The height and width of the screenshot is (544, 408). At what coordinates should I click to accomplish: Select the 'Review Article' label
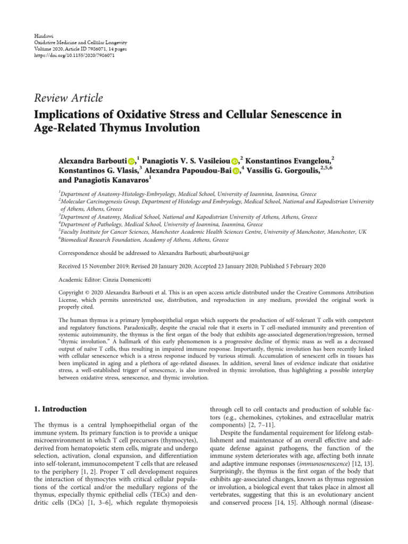pyautogui.click(x=69, y=98)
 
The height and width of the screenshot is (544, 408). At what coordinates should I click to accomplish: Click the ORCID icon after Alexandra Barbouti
pyautogui.click(x=131, y=160)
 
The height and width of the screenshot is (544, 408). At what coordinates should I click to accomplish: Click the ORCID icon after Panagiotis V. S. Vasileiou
pyautogui.click(x=235, y=160)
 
